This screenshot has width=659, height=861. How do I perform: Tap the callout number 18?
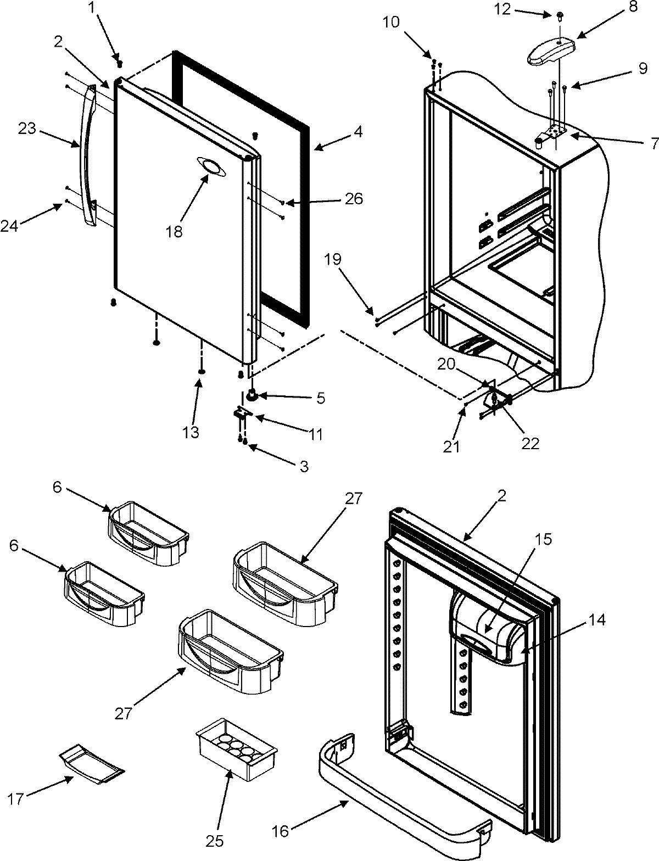[x=174, y=231]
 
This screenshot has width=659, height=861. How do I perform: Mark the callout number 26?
[x=354, y=198]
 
